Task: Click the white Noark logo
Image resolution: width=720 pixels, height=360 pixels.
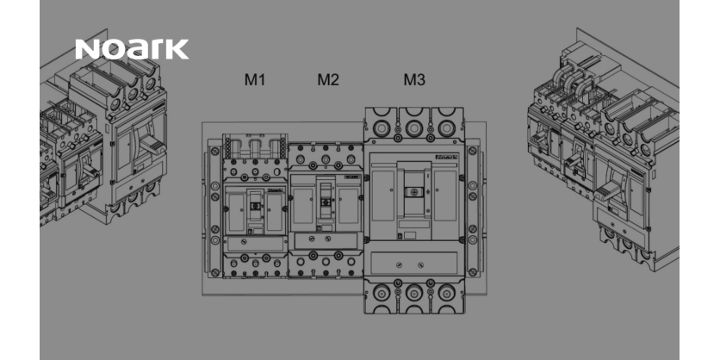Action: click(x=132, y=49)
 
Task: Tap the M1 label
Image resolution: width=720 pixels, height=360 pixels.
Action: click(x=255, y=79)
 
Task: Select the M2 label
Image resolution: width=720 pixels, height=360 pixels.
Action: click(x=328, y=79)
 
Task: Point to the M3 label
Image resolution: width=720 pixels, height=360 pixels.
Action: click(x=414, y=79)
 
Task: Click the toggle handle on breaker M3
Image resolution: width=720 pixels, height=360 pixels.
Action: click(x=413, y=192)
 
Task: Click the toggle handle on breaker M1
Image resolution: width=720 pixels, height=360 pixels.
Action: click(x=255, y=206)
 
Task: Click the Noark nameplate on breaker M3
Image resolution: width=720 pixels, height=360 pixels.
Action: click(x=446, y=157)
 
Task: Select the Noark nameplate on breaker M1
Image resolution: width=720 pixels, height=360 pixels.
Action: click(x=275, y=189)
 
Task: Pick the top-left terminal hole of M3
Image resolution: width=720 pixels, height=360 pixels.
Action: click(x=382, y=127)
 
